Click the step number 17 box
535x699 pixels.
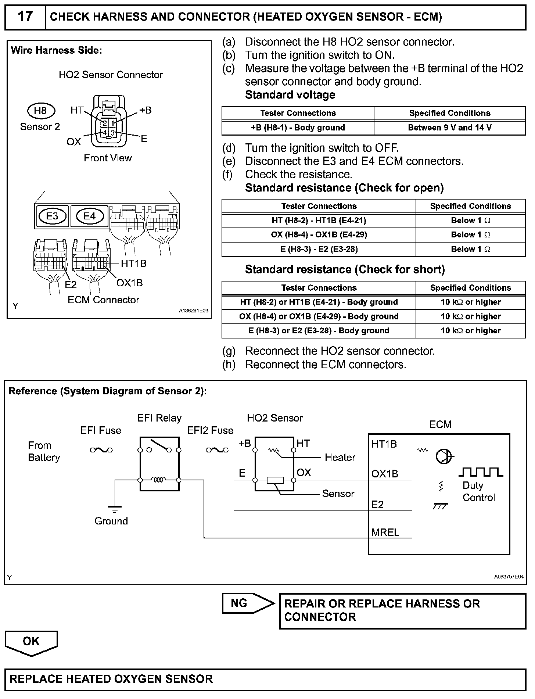tap(25, 17)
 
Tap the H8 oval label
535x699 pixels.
tap(41, 111)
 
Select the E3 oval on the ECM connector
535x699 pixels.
tap(52, 216)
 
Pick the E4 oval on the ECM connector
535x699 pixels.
tap(90, 216)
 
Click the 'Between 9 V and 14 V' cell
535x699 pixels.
tap(450, 128)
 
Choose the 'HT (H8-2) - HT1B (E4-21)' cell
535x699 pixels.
tap(319, 221)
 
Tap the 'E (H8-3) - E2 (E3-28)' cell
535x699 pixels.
tap(319, 249)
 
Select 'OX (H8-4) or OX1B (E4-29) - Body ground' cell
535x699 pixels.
tap(319, 316)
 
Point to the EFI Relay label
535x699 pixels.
tap(159, 418)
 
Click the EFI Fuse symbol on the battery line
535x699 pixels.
tap(101, 449)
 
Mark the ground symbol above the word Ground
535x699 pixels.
tap(115, 510)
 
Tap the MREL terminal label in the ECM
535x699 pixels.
tap(385, 532)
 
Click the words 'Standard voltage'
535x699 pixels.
tap(290, 95)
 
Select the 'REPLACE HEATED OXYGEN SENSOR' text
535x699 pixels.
tap(111, 678)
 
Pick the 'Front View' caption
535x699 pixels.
tap(108, 158)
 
